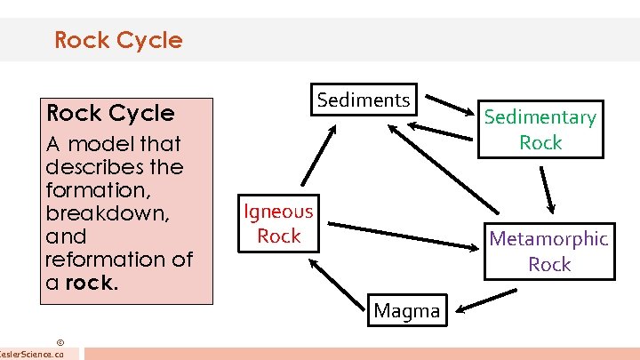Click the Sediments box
click(364, 100)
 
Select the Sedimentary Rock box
click(540, 130)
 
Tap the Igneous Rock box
click(279, 223)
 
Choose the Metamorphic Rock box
click(548, 251)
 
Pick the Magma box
click(406, 311)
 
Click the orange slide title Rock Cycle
click(118, 40)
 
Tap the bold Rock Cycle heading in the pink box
click(110, 113)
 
